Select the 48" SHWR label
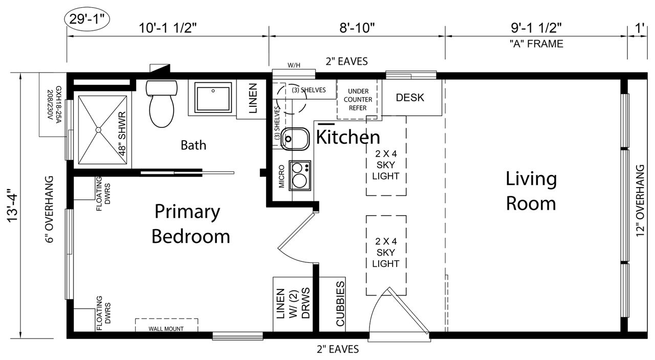coord(123,133)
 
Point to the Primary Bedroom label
coord(190,224)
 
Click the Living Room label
coord(531,191)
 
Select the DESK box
coord(410,97)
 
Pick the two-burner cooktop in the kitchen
coord(300,175)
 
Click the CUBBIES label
coord(340,304)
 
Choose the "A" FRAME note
coord(536,44)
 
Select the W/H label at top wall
coord(294,65)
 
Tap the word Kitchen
coord(348,137)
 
